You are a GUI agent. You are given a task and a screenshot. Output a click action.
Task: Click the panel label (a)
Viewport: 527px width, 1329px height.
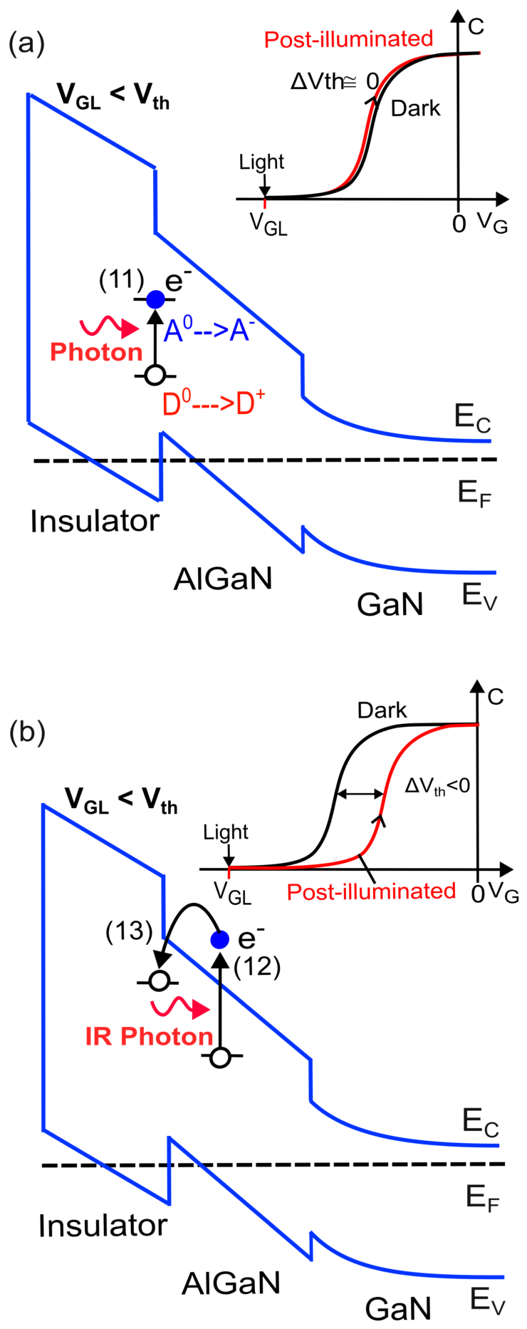click(x=26, y=44)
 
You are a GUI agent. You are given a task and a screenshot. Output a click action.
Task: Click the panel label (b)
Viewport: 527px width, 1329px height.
click(x=27, y=732)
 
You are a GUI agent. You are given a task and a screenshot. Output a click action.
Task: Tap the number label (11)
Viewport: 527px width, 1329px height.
click(x=122, y=280)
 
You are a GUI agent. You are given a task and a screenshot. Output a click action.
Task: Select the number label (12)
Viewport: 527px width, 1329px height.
click(x=257, y=967)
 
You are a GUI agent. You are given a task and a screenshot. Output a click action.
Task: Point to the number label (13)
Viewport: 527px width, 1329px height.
click(x=129, y=931)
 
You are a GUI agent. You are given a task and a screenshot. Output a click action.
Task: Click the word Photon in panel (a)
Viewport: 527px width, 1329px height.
click(x=97, y=352)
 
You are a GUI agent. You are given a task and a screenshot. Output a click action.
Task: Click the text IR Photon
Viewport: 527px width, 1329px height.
click(x=150, y=1036)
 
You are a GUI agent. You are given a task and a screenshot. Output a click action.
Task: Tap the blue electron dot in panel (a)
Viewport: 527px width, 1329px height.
click(x=155, y=299)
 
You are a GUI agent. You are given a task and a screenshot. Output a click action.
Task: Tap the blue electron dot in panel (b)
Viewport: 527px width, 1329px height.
click(x=220, y=939)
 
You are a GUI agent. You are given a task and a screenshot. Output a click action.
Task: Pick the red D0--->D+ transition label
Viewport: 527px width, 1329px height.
click(x=214, y=403)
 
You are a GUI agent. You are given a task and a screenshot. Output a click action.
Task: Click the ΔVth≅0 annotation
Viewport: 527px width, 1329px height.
click(x=335, y=82)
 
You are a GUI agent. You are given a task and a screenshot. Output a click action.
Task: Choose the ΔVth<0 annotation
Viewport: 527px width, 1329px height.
click(x=437, y=786)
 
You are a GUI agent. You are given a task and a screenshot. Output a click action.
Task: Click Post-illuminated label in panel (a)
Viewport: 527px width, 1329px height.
click(x=349, y=38)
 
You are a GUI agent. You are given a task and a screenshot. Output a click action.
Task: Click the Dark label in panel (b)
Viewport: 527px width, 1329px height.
click(x=382, y=710)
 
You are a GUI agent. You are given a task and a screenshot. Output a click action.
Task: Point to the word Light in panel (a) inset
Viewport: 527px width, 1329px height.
click(x=261, y=162)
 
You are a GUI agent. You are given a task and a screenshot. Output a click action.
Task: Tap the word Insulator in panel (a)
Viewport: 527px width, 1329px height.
click(x=95, y=522)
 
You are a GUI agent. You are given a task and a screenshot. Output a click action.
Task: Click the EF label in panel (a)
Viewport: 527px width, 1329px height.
click(x=475, y=492)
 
